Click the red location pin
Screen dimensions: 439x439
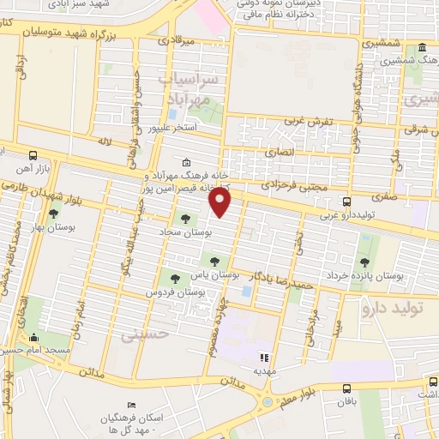(221, 203)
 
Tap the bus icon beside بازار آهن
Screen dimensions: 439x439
(33, 157)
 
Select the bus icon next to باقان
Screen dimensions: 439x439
(347, 388)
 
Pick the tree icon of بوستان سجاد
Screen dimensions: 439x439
(189, 219)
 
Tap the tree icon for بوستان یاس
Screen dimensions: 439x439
(214, 262)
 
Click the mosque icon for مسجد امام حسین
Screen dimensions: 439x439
(34, 337)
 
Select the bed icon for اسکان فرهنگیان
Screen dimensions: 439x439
(130, 405)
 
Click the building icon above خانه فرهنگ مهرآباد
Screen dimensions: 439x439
(187, 162)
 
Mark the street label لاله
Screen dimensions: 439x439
(105, 140)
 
